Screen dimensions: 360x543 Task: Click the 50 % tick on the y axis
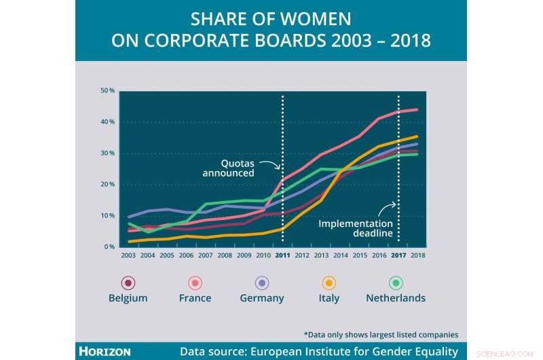(107, 91)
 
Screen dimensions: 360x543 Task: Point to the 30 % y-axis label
(107, 154)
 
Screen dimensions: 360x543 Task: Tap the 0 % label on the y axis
(109, 247)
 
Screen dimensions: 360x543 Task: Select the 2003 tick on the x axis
(128, 255)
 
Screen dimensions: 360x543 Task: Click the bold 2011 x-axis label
(282, 255)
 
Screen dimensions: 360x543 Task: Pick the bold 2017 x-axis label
(398, 255)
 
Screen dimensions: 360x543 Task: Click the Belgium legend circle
(128, 283)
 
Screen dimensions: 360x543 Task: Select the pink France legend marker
(195, 283)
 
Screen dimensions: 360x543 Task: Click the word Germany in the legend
(262, 298)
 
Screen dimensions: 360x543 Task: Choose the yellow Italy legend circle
(329, 283)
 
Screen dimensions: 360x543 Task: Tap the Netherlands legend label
(396, 298)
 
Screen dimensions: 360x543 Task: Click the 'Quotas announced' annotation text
(228, 168)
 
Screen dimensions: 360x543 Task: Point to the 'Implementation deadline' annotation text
(356, 228)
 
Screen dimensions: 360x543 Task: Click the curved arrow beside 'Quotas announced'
(269, 165)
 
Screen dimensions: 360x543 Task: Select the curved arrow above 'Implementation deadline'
(388, 206)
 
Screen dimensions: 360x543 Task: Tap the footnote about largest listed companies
(380, 334)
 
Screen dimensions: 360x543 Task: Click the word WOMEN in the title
(313, 18)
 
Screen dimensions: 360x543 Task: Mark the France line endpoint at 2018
(417, 109)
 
